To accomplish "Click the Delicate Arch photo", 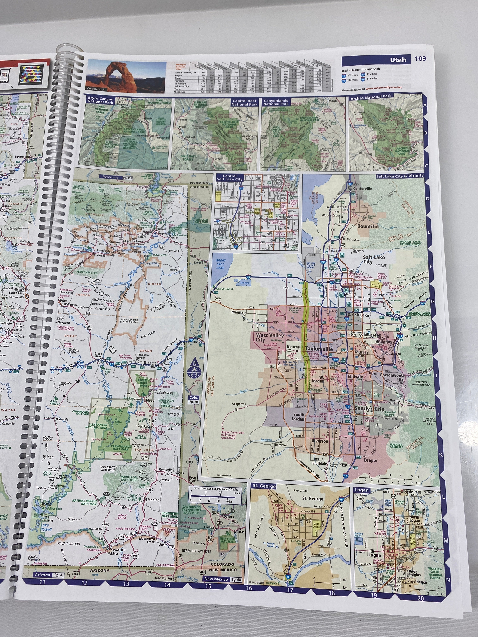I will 111,76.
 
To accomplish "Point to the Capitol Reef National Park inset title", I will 244,103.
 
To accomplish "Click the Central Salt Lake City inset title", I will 230,178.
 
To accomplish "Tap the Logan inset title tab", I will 362,490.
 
